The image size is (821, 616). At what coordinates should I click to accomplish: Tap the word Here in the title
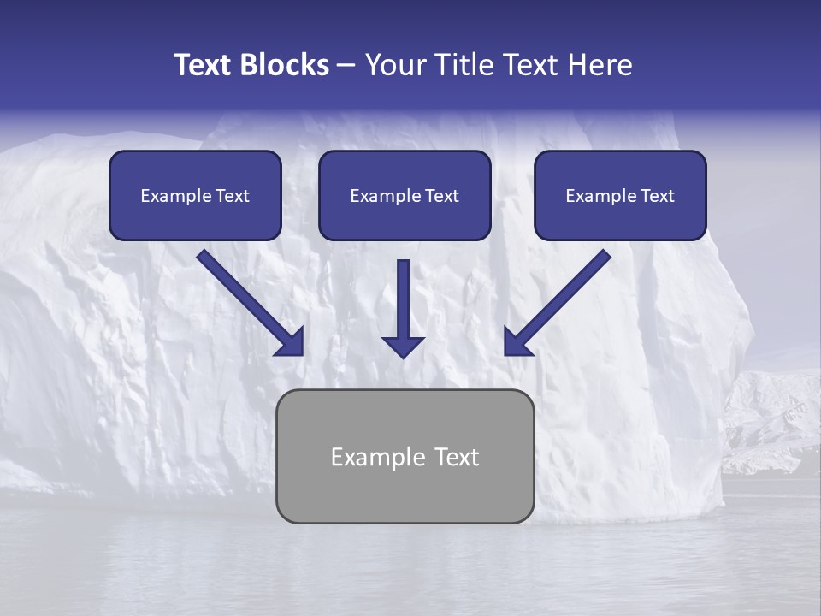click(601, 65)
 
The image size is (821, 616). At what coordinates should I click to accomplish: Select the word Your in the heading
click(396, 65)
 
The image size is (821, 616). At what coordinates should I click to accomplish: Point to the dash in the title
click(346, 66)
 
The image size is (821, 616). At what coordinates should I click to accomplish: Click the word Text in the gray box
click(458, 457)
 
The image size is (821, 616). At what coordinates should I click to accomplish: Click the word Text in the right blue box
click(657, 196)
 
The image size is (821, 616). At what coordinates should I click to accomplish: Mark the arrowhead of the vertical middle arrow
click(403, 346)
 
